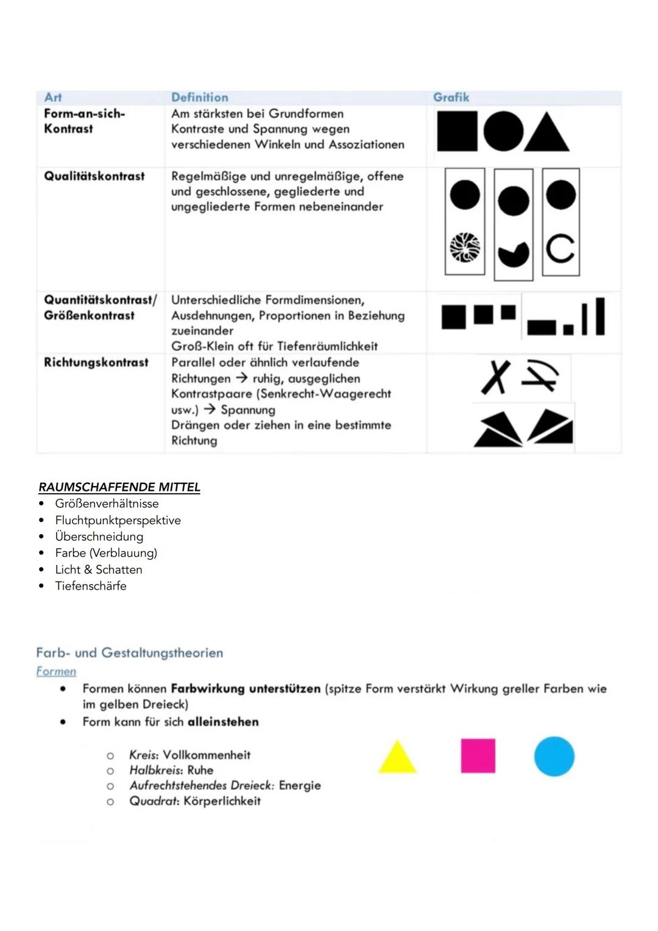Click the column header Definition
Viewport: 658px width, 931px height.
pos(199,98)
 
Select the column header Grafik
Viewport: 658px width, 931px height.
pos(451,98)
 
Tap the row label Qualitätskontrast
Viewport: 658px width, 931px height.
pos(94,176)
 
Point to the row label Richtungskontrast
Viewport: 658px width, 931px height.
pos(96,362)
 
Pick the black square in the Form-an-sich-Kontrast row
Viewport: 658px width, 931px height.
pos(457,132)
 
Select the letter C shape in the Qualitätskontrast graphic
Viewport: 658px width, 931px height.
pos(560,248)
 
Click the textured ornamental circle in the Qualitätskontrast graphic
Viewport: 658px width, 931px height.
pos(465,248)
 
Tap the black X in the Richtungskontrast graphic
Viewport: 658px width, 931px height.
pos(496,377)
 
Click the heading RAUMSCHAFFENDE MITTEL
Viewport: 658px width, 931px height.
pos(119,487)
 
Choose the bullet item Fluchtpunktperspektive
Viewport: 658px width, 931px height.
pos(118,520)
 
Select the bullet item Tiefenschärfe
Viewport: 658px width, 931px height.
pos(91,586)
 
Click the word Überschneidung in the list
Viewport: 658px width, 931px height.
pos(99,537)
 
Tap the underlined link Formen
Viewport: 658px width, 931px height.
pos(56,671)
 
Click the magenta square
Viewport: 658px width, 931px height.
pos(478,756)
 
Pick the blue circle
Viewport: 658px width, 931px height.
pos(554,756)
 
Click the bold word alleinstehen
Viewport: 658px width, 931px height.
pos(223,722)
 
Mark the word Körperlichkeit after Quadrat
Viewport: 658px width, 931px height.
pos(222,801)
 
